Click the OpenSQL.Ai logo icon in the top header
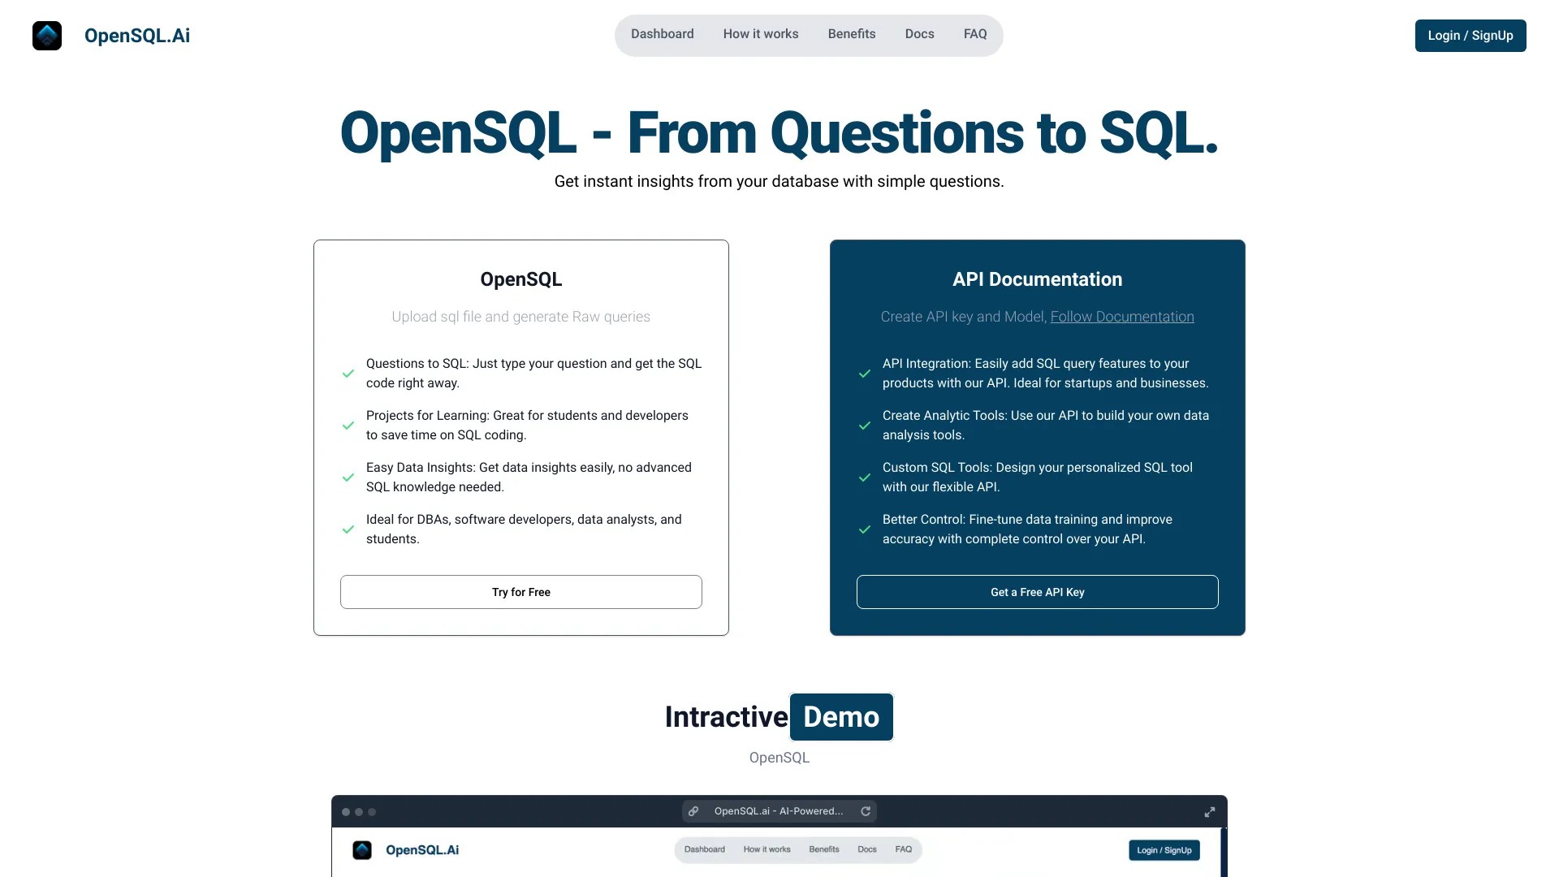coord(47,36)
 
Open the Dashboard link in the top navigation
coord(662,34)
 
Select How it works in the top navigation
coord(761,34)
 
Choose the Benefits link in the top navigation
coord(852,34)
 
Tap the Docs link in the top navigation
coord(919,34)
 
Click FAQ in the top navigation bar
coord(975,34)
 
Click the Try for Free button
coord(521,592)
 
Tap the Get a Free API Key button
coord(1037,592)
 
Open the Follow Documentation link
coord(1122,317)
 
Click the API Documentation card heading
coord(1037,279)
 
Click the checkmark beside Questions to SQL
coord(348,374)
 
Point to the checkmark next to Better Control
coord(865,529)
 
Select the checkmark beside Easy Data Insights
coord(348,477)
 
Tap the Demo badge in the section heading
coord(841,717)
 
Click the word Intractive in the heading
coord(726,717)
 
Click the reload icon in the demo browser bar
coord(866,811)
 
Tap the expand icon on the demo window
coord(1209,812)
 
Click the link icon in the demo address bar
coord(693,811)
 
